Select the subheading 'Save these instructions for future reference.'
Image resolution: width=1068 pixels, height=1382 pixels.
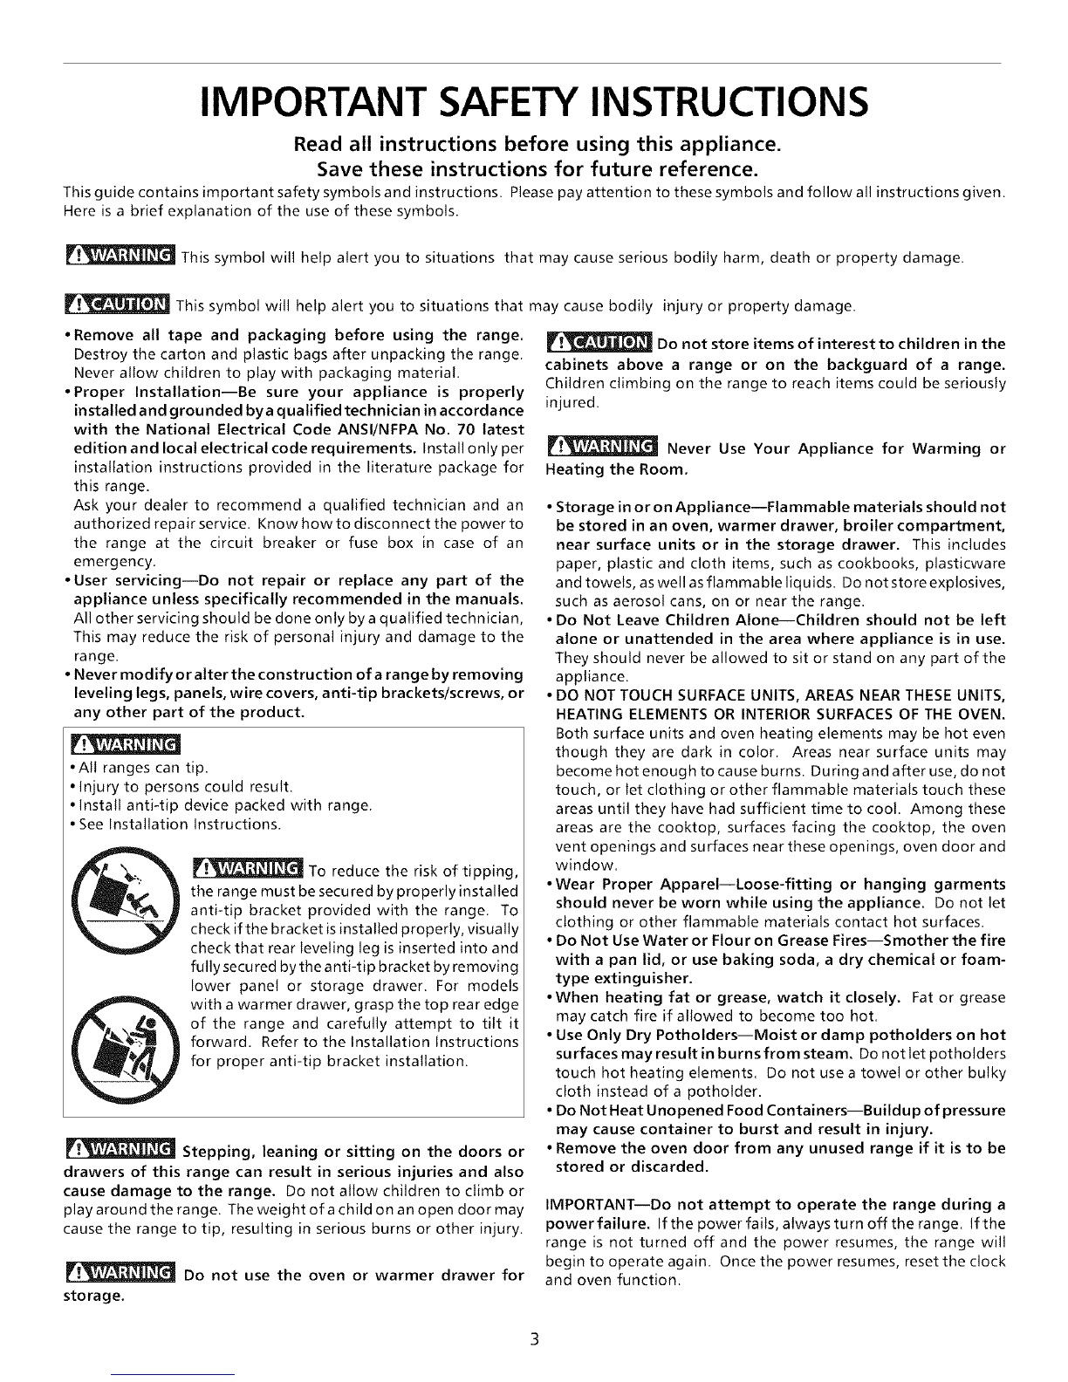tap(533, 166)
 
